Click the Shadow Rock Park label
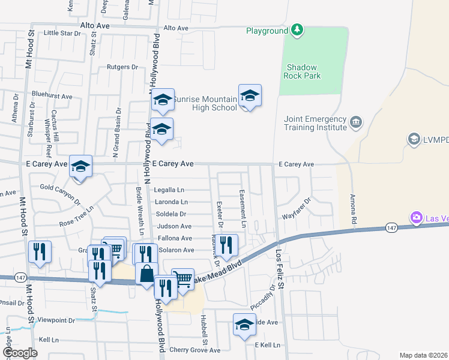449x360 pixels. (x=303, y=71)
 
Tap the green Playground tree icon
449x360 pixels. (x=297, y=30)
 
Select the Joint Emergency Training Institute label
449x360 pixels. (x=315, y=123)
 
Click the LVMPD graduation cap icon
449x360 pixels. (x=414, y=140)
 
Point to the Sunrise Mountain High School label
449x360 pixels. (x=205, y=103)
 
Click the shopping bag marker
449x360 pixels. (x=146, y=274)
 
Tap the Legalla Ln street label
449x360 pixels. (x=169, y=190)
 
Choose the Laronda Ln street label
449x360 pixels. (x=171, y=202)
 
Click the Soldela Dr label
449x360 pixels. (x=171, y=214)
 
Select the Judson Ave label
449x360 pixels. (x=174, y=226)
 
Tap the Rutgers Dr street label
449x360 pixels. (x=122, y=67)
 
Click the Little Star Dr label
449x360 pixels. (x=62, y=33)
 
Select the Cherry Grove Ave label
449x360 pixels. (x=195, y=350)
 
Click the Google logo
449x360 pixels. (x=20, y=353)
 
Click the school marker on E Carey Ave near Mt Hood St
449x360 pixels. (x=80, y=167)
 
